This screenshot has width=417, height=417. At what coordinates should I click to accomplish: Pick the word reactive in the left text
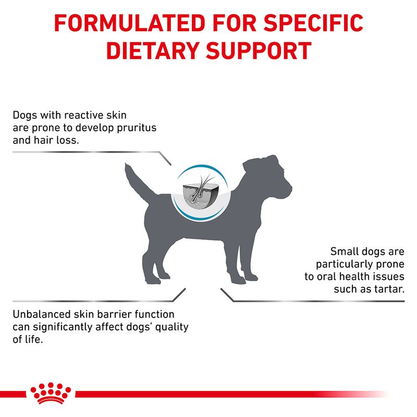pos(81,115)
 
